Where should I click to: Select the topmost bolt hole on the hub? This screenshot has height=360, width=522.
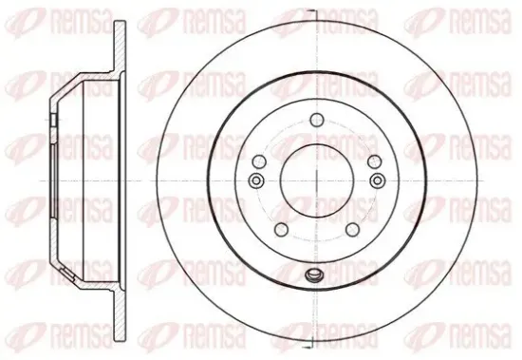tap(317, 120)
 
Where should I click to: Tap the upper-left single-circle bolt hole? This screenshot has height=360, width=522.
tap(259, 161)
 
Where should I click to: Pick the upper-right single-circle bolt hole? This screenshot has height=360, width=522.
tap(375, 161)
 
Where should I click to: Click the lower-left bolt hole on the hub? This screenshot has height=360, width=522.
tap(281, 229)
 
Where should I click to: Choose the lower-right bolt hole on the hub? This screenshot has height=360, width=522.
tap(352, 229)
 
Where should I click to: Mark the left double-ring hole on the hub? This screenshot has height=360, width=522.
tap(256, 180)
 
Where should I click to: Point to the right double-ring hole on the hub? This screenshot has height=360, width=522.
tap(377, 180)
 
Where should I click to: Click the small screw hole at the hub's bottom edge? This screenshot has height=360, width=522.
tap(312, 275)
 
